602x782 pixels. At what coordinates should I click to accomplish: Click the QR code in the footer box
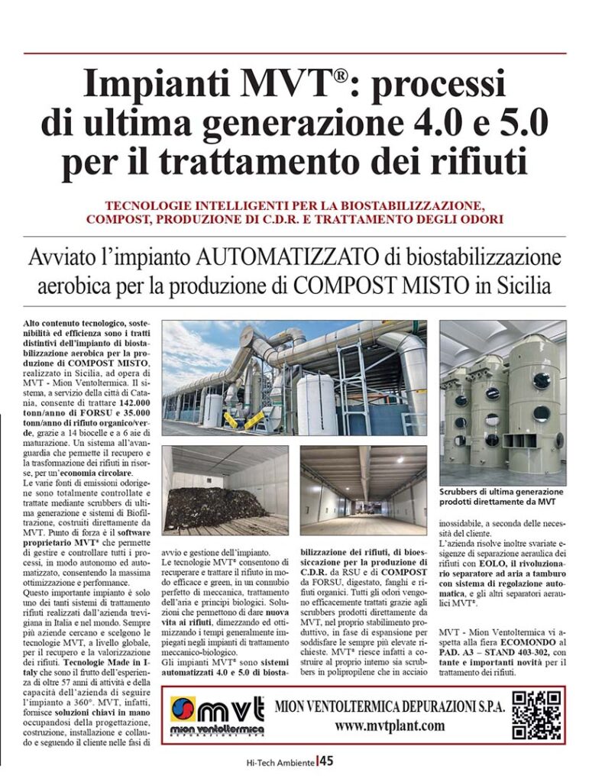click(537, 715)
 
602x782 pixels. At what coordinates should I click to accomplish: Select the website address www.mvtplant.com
click(390, 725)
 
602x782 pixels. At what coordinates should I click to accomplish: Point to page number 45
click(326, 761)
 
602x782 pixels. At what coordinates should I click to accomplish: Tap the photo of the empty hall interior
click(363, 489)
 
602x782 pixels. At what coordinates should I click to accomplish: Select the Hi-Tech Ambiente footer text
click(280, 761)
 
